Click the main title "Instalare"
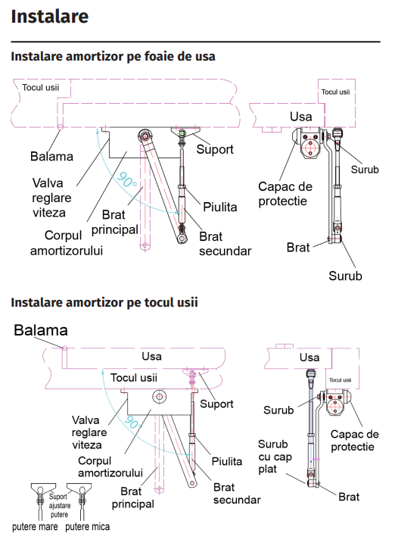pos(50,17)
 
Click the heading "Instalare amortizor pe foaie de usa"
pos(113,56)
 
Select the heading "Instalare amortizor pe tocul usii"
pos(104,302)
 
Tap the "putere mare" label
pos(35,527)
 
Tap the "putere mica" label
pos(87,527)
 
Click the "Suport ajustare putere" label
pos(60,506)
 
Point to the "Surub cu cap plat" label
pos(275,457)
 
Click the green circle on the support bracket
pos(182,133)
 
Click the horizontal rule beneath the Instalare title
pos(195,42)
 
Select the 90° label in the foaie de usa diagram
pos(126,179)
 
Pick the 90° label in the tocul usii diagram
pos(132,423)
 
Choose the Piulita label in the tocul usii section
pos(227,461)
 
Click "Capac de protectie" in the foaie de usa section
pos(285,194)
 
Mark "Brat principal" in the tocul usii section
pos(132,498)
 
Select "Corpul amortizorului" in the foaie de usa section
pos(67,243)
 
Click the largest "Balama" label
pos(41,330)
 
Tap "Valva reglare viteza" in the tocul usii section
pos(89,432)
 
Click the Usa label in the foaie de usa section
pos(301,117)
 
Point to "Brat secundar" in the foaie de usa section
pos(225,243)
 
